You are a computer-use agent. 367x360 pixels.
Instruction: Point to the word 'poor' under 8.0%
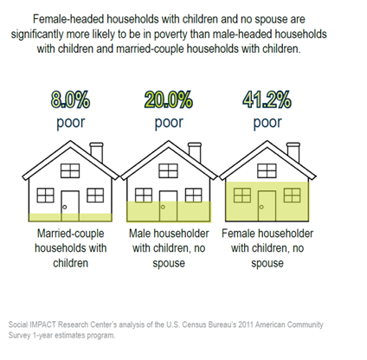pos(70,123)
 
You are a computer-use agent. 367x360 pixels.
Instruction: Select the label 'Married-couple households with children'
pos(69,248)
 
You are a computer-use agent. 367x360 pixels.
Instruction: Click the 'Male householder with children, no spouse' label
pos(169,248)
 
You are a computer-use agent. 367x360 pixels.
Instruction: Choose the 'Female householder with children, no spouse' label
pos(267,248)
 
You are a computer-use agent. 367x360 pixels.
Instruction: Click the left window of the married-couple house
pos(44,194)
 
